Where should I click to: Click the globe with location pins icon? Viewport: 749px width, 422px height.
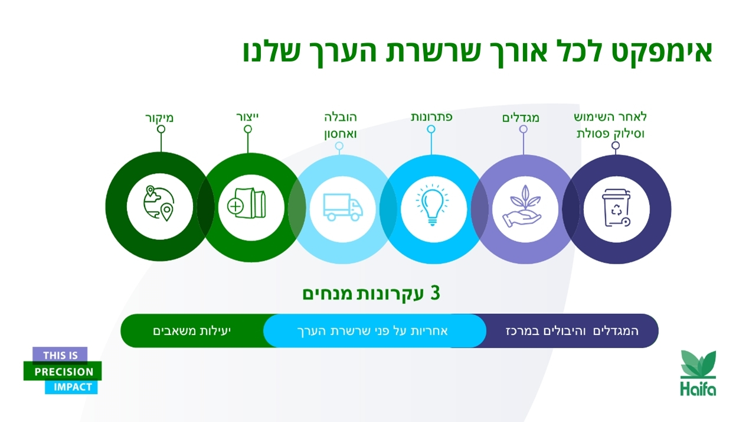click(x=159, y=203)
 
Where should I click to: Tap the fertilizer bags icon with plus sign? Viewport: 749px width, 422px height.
click(x=247, y=203)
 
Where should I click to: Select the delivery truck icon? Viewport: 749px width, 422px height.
click(x=343, y=207)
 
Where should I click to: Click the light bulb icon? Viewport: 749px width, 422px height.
click(x=433, y=204)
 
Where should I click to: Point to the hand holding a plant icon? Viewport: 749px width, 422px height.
click(x=522, y=206)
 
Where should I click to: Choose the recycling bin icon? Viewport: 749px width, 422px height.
click(x=616, y=208)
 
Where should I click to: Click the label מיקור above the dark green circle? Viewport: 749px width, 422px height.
click(x=159, y=118)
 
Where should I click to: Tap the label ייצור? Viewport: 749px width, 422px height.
click(x=247, y=117)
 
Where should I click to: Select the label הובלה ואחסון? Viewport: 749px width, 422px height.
click(x=341, y=125)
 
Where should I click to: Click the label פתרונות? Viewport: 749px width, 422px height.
click(x=431, y=117)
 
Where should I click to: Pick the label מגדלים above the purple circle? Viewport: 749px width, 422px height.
click(x=521, y=118)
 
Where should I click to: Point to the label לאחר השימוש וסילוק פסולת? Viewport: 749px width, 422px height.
click(x=610, y=125)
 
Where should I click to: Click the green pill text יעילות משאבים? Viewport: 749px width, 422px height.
click(x=192, y=331)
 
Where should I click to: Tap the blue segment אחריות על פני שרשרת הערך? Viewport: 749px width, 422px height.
click(x=372, y=331)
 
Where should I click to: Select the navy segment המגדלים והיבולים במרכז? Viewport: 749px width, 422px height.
click(x=572, y=331)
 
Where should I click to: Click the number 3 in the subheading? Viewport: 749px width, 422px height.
click(x=434, y=293)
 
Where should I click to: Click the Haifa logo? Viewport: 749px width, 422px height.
click(x=698, y=373)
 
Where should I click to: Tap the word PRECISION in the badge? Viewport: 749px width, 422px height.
click(x=64, y=372)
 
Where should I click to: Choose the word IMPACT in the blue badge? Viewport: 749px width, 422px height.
click(x=73, y=387)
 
